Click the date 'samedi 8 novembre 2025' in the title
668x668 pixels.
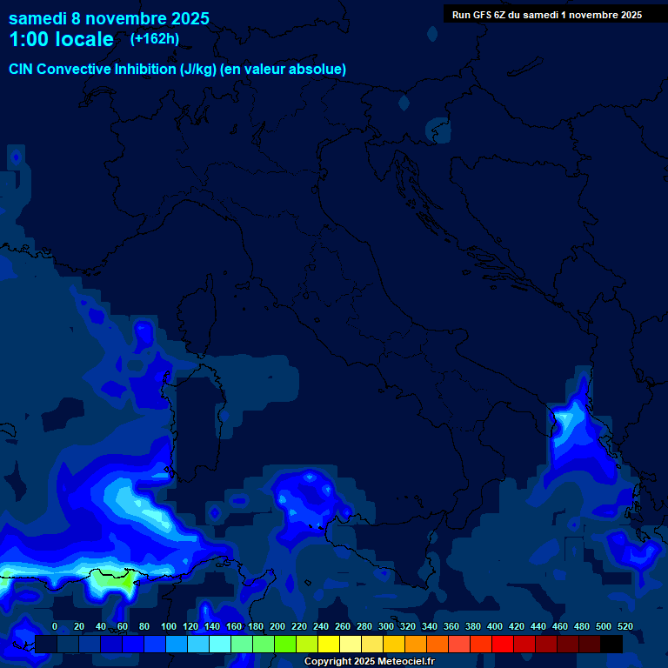tap(109, 18)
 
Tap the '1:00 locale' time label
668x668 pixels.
tap(61, 39)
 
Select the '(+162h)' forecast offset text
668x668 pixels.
tap(154, 38)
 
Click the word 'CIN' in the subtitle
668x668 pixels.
tap(22, 69)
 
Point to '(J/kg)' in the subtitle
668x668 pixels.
tap(199, 69)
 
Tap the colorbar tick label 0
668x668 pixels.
tap(55, 626)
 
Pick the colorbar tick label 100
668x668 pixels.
tap(169, 626)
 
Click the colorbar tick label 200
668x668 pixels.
tap(277, 626)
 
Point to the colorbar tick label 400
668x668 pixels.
tap(495, 626)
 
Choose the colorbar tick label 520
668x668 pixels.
tap(625, 626)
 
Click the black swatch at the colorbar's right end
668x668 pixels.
tap(611, 644)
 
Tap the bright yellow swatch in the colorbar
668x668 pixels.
tap(329, 644)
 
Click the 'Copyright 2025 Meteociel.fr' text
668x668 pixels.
tap(369, 662)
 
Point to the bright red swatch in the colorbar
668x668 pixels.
tap(503, 644)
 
